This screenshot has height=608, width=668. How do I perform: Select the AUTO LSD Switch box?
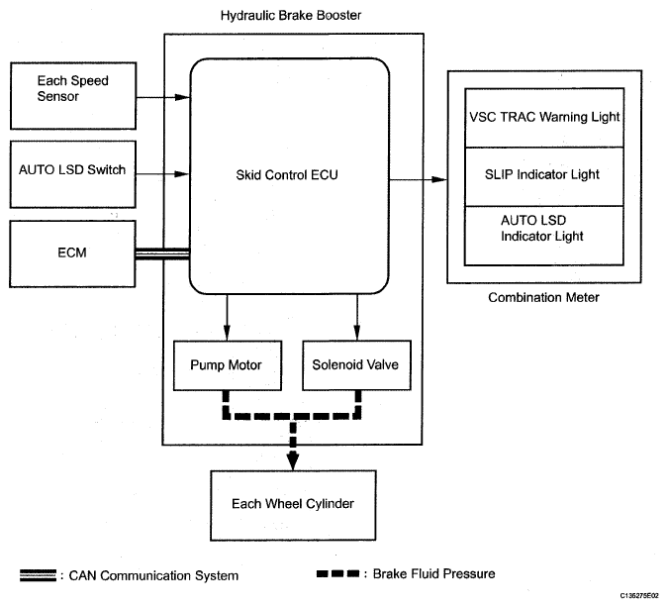click(x=71, y=169)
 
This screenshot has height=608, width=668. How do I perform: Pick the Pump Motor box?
click(x=226, y=364)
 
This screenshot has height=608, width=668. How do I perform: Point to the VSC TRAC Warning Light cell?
click(x=543, y=117)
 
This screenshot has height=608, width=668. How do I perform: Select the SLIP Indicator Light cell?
click(x=543, y=175)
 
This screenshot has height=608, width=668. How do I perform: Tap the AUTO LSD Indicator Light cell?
click(x=543, y=229)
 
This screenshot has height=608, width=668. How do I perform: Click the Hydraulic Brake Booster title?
click(x=292, y=16)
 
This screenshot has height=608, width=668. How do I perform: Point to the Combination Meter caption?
click(x=543, y=297)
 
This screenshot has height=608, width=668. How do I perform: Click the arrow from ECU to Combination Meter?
click(x=417, y=179)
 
